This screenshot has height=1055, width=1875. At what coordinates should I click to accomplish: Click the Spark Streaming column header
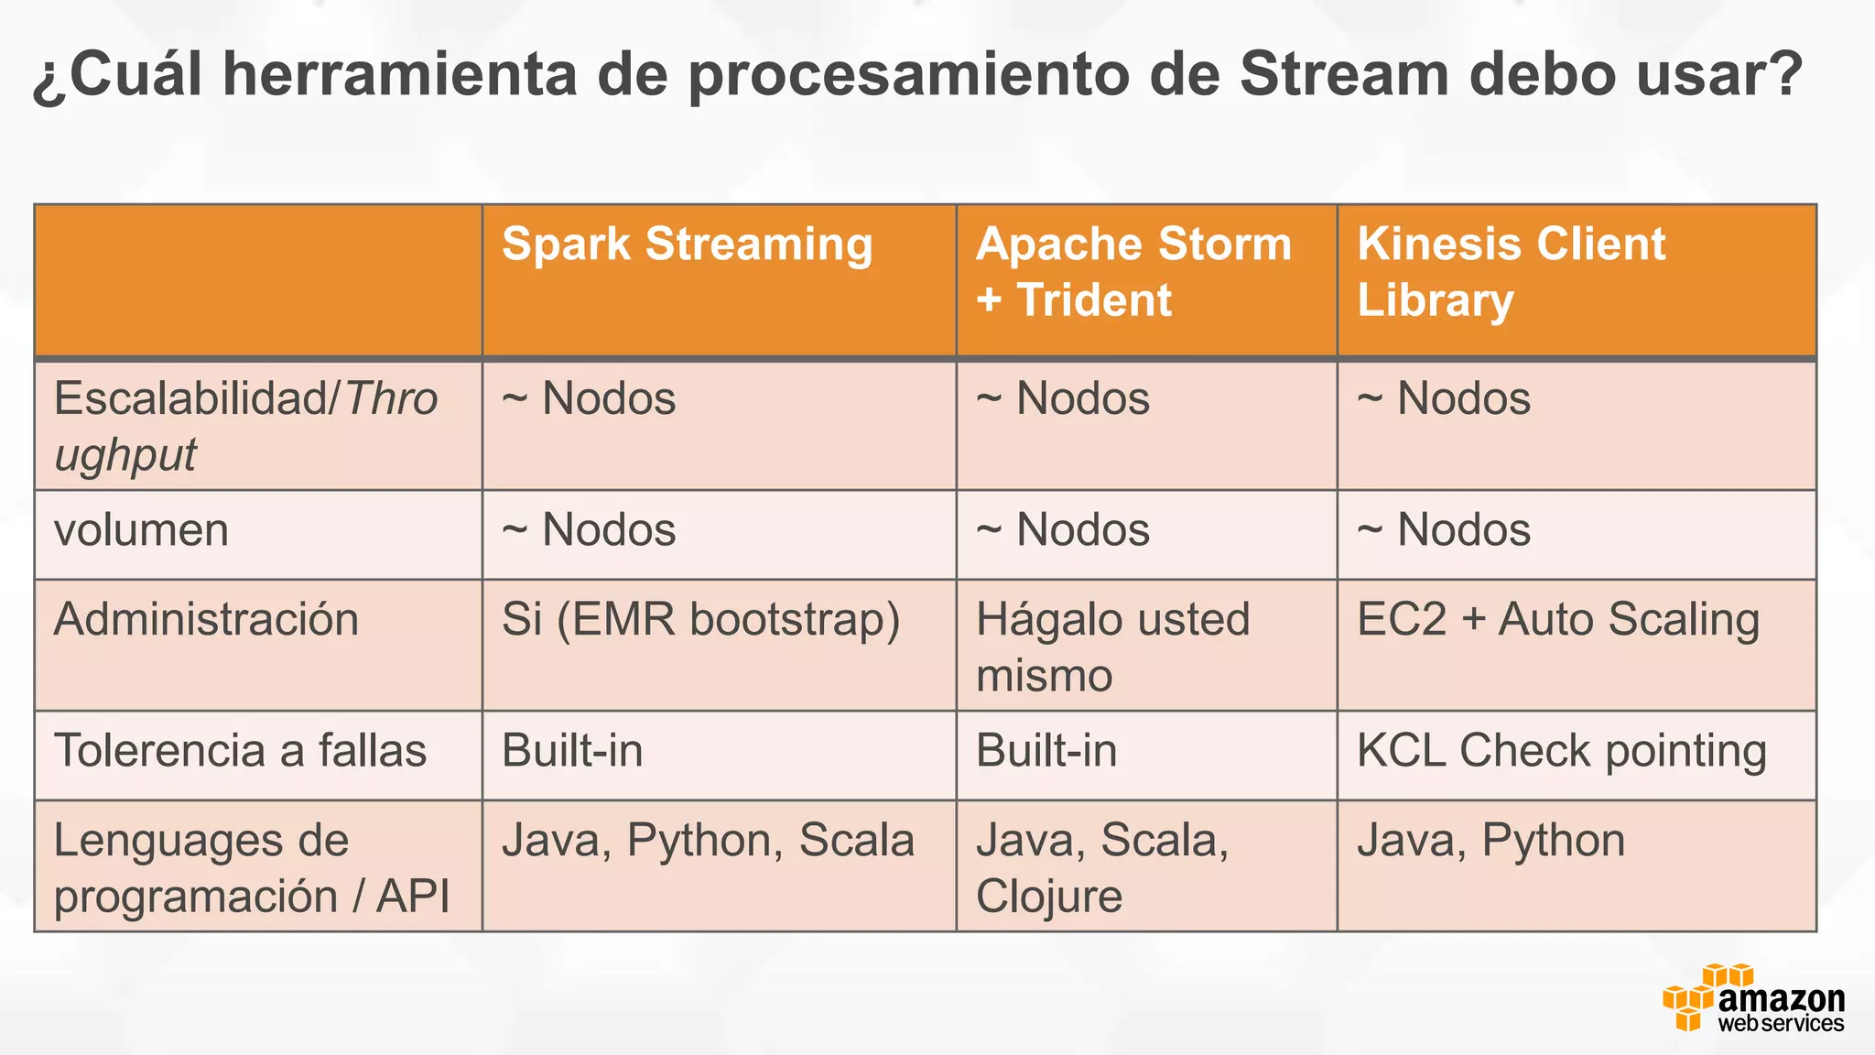pyautogui.click(x=687, y=245)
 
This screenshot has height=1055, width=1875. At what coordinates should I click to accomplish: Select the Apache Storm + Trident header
pyautogui.click(x=1133, y=272)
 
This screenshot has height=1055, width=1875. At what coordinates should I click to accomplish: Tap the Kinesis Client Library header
pyautogui.click(x=1511, y=272)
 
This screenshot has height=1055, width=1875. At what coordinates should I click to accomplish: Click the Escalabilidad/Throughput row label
pyautogui.click(x=245, y=426)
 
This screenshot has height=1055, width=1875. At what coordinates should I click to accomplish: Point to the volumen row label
pyautogui.click(x=141, y=530)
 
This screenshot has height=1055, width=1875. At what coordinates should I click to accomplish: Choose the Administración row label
pyautogui.click(x=206, y=619)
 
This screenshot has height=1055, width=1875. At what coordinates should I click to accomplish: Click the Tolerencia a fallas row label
pyautogui.click(x=240, y=751)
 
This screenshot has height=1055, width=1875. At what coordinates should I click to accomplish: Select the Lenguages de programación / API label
pyautogui.click(x=251, y=867)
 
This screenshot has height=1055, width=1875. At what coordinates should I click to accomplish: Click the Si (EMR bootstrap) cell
pyautogui.click(x=700, y=619)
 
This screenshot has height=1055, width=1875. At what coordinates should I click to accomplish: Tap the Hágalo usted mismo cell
pyautogui.click(x=1112, y=647)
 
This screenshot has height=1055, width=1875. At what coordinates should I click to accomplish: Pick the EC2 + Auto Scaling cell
pyautogui.click(x=1557, y=619)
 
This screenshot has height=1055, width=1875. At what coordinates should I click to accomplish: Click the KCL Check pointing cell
pyautogui.click(x=1561, y=751)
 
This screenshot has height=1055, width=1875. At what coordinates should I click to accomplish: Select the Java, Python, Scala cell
pyautogui.click(x=708, y=841)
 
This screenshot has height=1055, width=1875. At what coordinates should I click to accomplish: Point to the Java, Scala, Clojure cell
pyautogui.click(x=1101, y=867)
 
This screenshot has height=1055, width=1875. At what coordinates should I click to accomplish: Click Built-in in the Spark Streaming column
pyautogui.click(x=572, y=751)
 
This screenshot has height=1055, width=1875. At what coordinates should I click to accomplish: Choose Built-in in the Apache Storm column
pyautogui.click(x=1046, y=751)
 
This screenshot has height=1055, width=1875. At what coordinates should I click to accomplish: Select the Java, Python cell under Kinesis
pyautogui.click(x=1490, y=841)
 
